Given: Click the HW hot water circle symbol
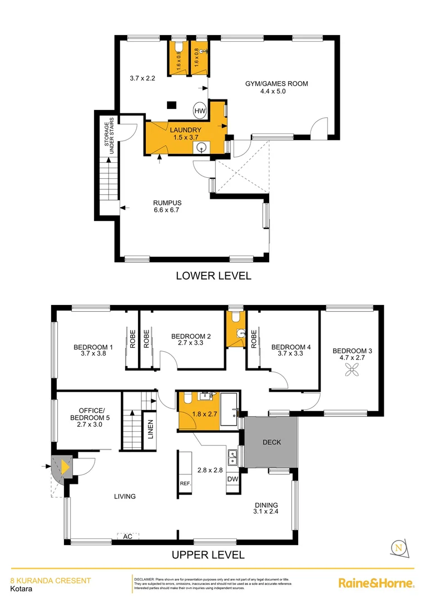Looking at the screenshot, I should (200, 111).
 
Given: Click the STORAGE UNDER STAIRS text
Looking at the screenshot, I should (108, 136).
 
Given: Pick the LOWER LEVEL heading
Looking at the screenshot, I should (213, 276).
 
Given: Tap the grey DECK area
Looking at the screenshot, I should (272, 442).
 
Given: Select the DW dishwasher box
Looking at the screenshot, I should (233, 478).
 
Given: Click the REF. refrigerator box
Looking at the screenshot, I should (185, 483).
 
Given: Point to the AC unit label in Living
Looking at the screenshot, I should (128, 536).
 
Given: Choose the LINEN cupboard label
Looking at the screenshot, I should (150, 429).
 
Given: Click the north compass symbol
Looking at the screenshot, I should (398, 548).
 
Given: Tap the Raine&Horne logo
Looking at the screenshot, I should (377, 583).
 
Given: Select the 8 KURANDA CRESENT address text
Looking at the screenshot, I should (51, 581).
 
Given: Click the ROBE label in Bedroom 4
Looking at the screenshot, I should (254, 339).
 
